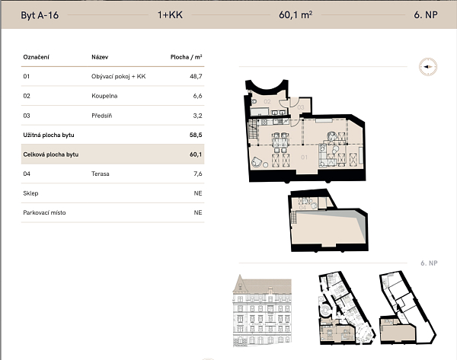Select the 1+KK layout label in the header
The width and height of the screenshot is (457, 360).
[x=169, y=14]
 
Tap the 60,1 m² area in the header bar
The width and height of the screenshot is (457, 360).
[x=296, y=14]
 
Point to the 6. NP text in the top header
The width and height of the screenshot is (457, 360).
[x=423, y=14]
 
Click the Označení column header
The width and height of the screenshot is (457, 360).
[x=37, y=56]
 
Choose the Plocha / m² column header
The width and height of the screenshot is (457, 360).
[x=186, y=56]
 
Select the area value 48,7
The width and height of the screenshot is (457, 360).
[x=195, y=76]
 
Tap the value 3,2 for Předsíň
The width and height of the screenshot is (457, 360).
[x=196, y=116]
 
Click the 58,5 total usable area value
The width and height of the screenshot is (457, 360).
[x=195, y=135]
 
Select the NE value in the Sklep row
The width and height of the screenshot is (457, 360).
[x=197, y=193]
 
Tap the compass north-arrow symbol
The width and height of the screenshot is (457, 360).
[x=427, y=67]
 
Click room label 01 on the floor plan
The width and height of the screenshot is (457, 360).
[x=303, y=158]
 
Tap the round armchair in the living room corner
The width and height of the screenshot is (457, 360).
[x=257, y=161]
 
